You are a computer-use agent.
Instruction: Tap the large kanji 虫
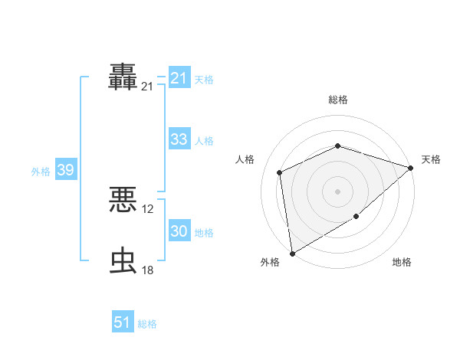[x=123, y=260]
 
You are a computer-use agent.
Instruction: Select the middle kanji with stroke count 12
[x=123, y=201]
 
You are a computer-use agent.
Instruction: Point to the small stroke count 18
[x=148, y=270]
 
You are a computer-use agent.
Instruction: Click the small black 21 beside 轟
[x=148, y=87]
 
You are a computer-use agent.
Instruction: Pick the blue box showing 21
[x=179, y=78]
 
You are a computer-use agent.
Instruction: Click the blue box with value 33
[x=179, y=139]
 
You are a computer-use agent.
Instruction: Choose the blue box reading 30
[x=179, y=231]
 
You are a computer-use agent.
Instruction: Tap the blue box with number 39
[x=65, y=170]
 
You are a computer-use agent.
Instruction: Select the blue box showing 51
[x=123, y=322]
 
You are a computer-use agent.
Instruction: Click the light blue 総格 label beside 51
[x=147, y=324]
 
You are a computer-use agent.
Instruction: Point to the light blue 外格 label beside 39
[x=41, y=172]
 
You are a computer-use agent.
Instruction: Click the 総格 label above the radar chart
[x=337, y=100]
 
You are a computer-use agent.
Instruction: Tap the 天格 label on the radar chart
[x=431, y=159]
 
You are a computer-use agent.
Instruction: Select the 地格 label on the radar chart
[x=402, y=263]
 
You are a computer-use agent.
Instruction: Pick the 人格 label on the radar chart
[x=245, y=159]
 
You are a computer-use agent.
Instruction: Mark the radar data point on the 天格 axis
[x=411, y=168]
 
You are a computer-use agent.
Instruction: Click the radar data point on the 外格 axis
[x=292, y=253]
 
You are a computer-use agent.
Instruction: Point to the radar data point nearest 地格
[x=356, y=217]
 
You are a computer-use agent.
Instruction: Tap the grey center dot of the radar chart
[x=337, y=191]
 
